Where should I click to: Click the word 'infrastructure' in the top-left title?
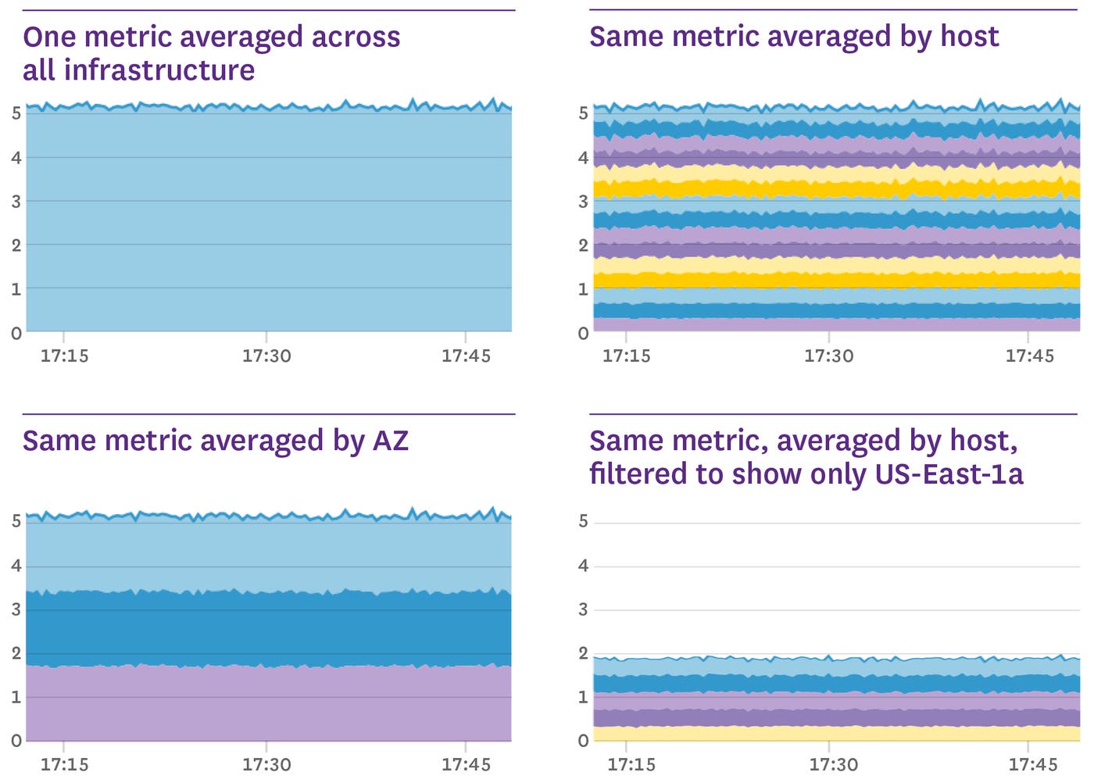coord(159,70)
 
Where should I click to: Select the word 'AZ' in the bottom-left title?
coord(390,441)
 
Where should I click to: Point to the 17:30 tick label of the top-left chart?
coord(266,356)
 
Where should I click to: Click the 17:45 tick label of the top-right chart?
coord(1029,356)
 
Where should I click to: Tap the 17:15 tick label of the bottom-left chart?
coord(64,764)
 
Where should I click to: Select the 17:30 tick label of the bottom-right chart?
coord(833,764)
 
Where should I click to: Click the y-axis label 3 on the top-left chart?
coord(16,202)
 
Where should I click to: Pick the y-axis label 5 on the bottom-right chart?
coord(583,521)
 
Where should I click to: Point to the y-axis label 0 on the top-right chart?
coord(583,334)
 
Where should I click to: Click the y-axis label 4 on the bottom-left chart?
coord(16,566)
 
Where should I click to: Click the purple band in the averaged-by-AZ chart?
coord(266,703)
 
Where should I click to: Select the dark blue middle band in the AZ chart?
coord(266,629)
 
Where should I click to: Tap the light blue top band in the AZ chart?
coord(266,555)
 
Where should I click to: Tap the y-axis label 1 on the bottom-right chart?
coord(583,697)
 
